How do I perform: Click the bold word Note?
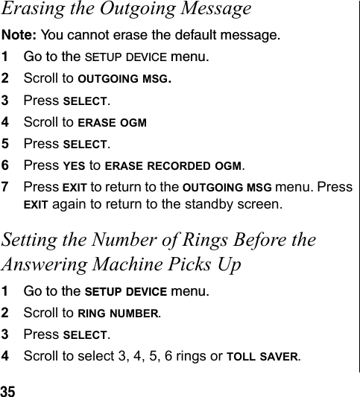coord(17,35)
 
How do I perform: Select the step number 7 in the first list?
coord(5,186)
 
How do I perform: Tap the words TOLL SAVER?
coord(271,356)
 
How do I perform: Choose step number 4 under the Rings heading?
coord(5,356)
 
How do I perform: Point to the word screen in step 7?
coord(263,203)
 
